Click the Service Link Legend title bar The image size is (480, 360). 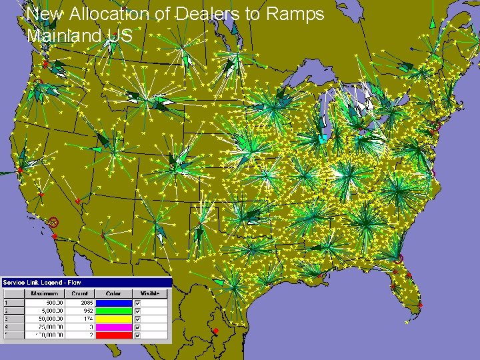pos(86,282)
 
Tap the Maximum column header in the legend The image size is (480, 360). pos(45,293)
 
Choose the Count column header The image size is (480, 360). pos(79,293)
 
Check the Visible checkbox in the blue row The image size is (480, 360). pos(138,303)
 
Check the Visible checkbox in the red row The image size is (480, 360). pos(138,335)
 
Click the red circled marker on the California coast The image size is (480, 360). pos(53,222)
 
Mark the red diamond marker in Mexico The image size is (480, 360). pos(215,331)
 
